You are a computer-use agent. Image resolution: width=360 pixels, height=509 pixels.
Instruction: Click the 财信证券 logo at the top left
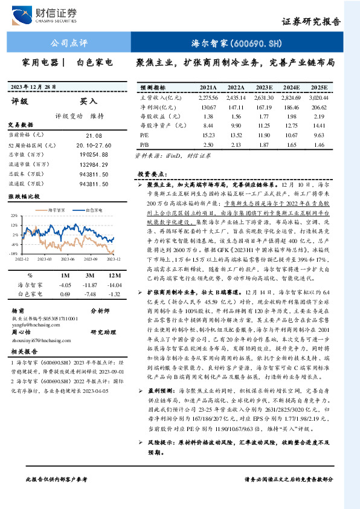(x=49, y=15)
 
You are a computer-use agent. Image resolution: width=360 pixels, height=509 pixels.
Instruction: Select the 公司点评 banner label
(x=66, y=44)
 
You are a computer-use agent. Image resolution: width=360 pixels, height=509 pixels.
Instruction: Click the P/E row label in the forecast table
(x=144, y=136)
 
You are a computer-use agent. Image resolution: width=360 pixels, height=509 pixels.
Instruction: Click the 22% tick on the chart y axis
(x=13, y=216)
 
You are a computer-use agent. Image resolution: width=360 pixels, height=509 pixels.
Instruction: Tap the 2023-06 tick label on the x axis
(x=66, y=258)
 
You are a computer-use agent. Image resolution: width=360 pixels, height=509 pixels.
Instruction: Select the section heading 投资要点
(x=151, y=174)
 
